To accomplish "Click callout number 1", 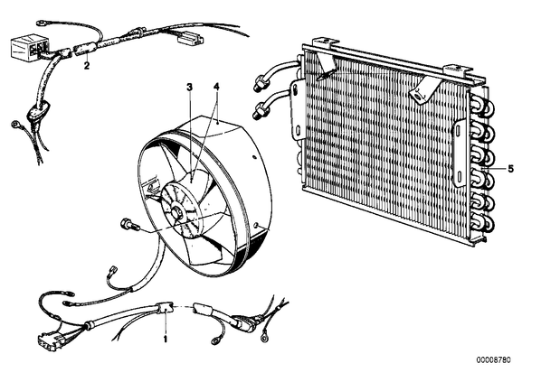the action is [166, 339].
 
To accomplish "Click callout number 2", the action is [87, 65].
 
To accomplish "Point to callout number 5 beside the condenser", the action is [510, 169].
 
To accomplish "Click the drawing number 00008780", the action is [493, 360].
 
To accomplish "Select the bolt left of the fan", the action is [129, 225].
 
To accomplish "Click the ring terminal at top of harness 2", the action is [42, 24].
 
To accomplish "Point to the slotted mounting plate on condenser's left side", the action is [297, 109].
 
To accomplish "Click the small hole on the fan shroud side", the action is [254, 157].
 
